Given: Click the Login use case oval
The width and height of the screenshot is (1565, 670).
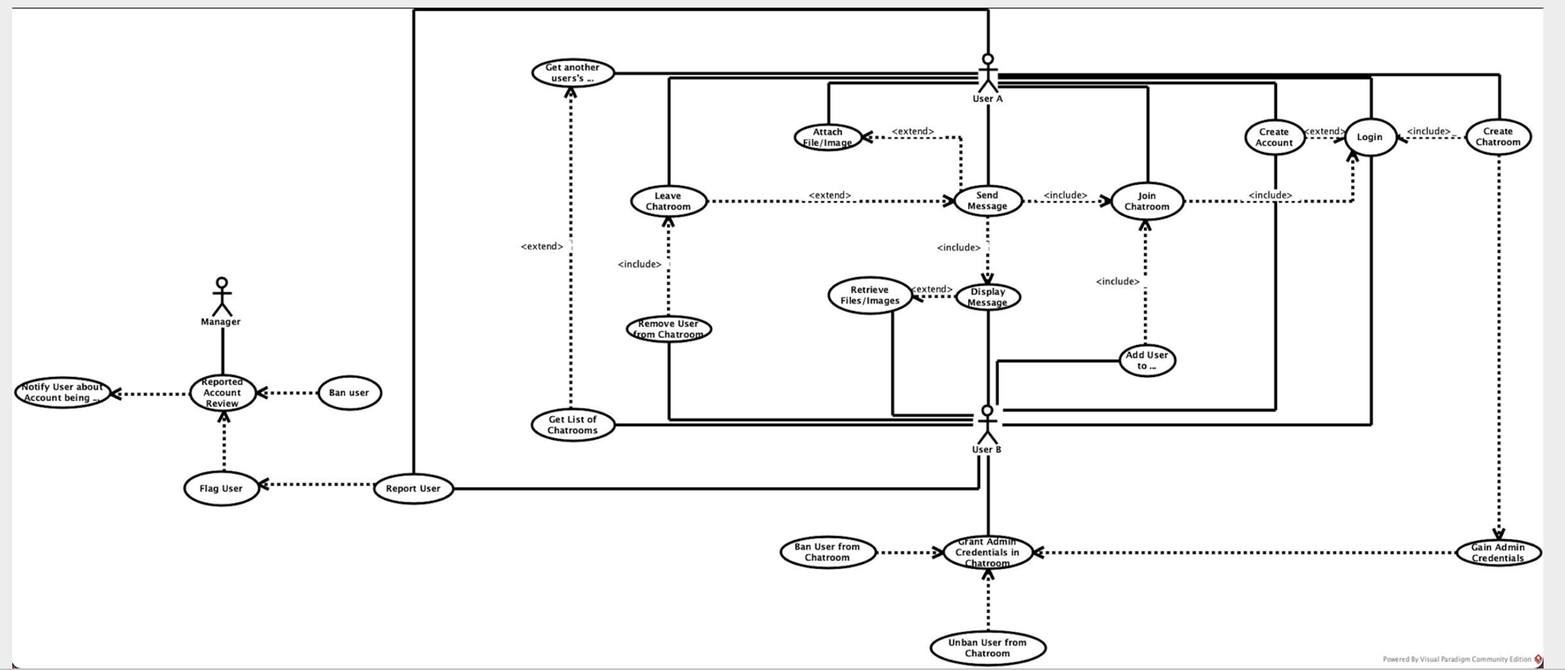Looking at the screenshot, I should click(1369, 138).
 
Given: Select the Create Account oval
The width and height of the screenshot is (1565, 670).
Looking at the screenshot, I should click(1274, 138).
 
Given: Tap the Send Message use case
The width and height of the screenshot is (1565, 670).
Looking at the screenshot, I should click(987, 201).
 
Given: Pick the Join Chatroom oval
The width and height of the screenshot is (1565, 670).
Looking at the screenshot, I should click(1146, 202).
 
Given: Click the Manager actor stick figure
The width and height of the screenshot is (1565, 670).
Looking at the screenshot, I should click(222, 297).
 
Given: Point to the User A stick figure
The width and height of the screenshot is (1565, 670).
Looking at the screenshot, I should click(987, 73).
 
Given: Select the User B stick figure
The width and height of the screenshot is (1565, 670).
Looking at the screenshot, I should click(987, 424).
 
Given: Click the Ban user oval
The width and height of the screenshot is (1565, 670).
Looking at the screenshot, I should click(349, 393).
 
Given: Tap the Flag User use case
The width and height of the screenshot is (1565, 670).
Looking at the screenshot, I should click(222, 489).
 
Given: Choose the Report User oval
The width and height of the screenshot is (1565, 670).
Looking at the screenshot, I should click(413, 489).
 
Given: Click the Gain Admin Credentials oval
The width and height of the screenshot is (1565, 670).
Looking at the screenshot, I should click(1498, 552).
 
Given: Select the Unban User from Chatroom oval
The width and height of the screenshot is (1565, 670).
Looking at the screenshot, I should click(987, 648).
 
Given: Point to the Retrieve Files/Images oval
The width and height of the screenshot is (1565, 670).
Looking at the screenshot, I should click(870, 295).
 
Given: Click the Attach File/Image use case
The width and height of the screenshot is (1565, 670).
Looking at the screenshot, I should click(828, 138).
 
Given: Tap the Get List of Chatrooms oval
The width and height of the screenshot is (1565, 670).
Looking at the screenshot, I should click(572, 424).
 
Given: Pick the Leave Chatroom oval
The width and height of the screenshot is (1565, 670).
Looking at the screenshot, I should click(668, 201).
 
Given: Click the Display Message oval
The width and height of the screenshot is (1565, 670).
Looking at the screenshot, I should click(987, 297).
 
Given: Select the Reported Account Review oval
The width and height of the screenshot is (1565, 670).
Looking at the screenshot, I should click(222, 392).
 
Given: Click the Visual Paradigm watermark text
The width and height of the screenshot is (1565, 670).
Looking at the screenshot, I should click(1456, 659).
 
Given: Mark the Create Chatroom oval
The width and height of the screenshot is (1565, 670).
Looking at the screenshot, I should click(1498, 137).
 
